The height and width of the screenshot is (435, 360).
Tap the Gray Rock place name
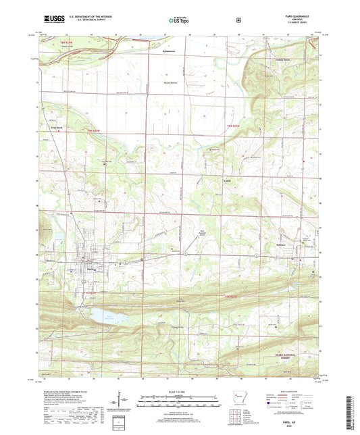[56, 126]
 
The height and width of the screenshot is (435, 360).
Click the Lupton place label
[228, 181]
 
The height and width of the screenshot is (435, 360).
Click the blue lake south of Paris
[99, 315]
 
